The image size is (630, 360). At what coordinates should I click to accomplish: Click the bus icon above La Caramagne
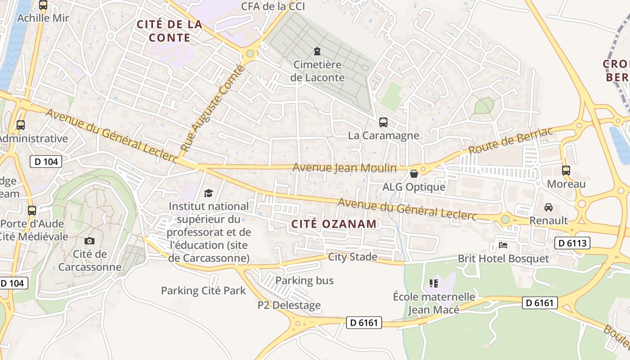383,122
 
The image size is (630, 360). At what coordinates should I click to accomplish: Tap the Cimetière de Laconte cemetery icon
317,51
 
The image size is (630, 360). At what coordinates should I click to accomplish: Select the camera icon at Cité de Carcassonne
90,241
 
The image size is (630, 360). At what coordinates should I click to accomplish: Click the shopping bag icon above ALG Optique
414,173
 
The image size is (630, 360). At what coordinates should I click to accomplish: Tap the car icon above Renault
548,207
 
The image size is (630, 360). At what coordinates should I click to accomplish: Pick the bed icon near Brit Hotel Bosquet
503,245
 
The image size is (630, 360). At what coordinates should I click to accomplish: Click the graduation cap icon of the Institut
208,193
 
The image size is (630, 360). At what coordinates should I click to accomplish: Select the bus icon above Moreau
566,171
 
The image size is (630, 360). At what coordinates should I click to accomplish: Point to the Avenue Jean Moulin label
345,168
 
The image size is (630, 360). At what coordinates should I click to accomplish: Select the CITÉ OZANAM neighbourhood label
333,224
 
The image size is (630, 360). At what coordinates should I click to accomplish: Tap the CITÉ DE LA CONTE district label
170,31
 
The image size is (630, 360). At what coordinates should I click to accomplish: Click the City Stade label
353,257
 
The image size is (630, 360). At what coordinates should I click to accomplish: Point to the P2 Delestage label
289,305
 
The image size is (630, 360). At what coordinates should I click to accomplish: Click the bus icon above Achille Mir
43,5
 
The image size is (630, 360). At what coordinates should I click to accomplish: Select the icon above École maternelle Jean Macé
434,283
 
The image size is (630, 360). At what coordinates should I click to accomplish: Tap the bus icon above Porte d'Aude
32,210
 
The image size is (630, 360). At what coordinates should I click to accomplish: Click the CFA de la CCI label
273,6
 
